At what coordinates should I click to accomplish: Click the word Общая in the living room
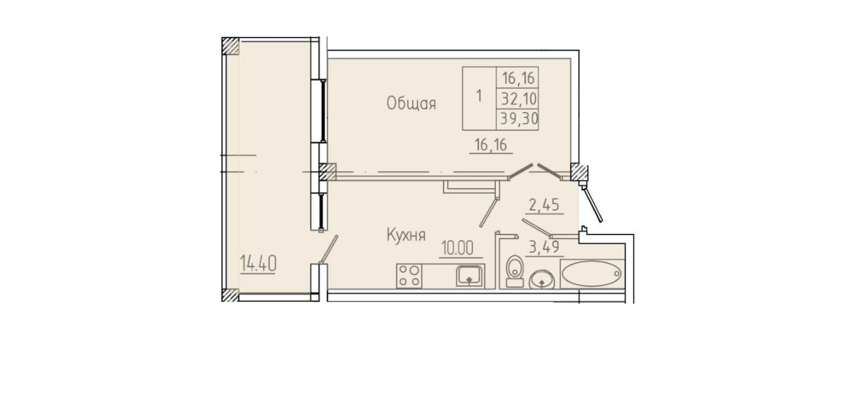click(x=411, y=103)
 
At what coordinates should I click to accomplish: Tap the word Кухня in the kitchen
click(x=406, y=235)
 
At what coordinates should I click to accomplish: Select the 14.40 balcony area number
click(x=258, y=264)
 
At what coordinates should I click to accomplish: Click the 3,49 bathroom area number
click(x=544, y=247)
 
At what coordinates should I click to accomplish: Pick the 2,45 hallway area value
click(x=544, y=205)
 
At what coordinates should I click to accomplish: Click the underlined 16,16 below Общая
click(x=491, y=145)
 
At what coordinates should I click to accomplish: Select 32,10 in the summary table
click(x=518, y=99)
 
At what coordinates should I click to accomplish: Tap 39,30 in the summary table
click(x=519, y=119)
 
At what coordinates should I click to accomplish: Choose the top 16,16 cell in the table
click(x=518, y=78)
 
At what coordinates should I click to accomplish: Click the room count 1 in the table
click(x=479, y=96)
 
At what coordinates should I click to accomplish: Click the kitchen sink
click(x=469, y=276)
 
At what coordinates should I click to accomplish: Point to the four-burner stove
click(x=409, y=276)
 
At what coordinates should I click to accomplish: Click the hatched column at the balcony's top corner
click(x=230, y=46)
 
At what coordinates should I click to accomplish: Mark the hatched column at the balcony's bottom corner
click(x=230, y=295)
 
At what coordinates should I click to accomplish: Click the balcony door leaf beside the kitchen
click(x=329, y=249)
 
